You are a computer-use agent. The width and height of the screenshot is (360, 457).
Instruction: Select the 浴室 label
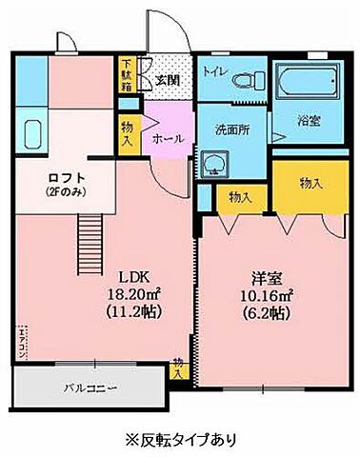point(309,121)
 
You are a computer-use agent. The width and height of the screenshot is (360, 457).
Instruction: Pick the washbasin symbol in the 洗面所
point(214,164)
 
